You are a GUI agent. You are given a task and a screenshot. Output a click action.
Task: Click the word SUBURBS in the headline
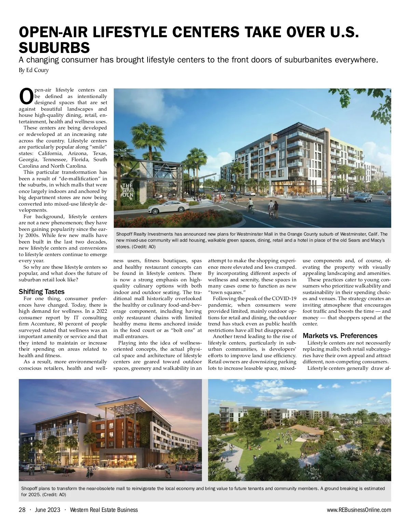[54, 47]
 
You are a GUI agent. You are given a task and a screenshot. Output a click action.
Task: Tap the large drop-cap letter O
[26, 97]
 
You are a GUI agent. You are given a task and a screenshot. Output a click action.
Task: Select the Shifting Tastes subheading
[42, 292]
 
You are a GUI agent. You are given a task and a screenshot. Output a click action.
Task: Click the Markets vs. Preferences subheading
[340, 336]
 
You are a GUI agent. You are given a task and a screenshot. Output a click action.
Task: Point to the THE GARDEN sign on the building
[128, 191]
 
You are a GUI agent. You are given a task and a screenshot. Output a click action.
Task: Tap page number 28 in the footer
[22, 510]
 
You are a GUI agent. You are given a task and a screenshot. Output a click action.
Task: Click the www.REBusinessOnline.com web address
[359, 510]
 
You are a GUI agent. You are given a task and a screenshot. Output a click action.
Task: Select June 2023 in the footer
[47, 510]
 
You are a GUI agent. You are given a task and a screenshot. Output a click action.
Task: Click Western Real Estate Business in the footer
[104, 510]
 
